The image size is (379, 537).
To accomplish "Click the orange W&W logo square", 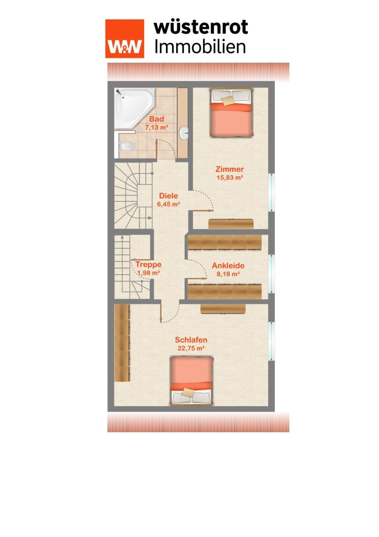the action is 124,39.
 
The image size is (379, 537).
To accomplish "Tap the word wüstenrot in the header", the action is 201,27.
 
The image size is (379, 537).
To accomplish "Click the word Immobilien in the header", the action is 200,47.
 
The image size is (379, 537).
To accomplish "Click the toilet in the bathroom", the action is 126,147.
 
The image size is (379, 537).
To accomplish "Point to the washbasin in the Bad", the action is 184,133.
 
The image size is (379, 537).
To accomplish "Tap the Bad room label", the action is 156,119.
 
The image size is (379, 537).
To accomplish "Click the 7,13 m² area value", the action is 156,128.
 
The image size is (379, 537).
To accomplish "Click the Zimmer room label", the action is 229,169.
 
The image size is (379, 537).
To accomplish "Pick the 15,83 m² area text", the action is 230,178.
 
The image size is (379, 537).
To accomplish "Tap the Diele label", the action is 169,196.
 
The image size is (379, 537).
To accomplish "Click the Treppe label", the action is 148,264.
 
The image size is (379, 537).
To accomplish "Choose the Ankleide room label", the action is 228,265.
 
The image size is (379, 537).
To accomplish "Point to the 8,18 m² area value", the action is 228,274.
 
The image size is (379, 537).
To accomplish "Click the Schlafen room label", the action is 191,340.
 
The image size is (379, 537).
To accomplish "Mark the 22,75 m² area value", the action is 191,348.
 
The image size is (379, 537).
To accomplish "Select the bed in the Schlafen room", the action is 191,380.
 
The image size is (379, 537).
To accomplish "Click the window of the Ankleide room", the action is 271,274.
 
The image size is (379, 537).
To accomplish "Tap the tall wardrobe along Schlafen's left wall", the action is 122,343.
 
